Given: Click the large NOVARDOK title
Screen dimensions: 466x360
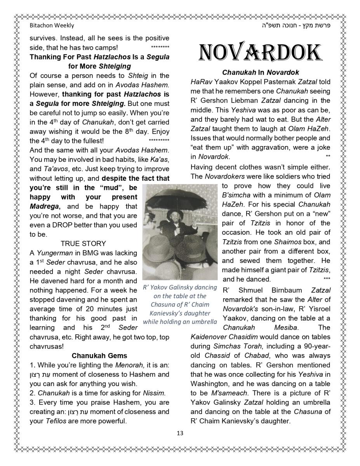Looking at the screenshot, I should point(260,53).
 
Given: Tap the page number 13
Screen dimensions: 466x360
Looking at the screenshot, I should point(180,433).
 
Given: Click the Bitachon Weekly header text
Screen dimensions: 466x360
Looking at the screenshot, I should point(52,26).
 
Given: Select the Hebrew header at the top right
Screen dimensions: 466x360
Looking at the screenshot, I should point(299,26).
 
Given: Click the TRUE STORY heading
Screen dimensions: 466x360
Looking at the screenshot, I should point(83,243).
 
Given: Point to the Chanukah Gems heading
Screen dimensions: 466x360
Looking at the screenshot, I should point(99,355).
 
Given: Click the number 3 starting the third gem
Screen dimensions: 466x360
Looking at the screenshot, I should point(31,402).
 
